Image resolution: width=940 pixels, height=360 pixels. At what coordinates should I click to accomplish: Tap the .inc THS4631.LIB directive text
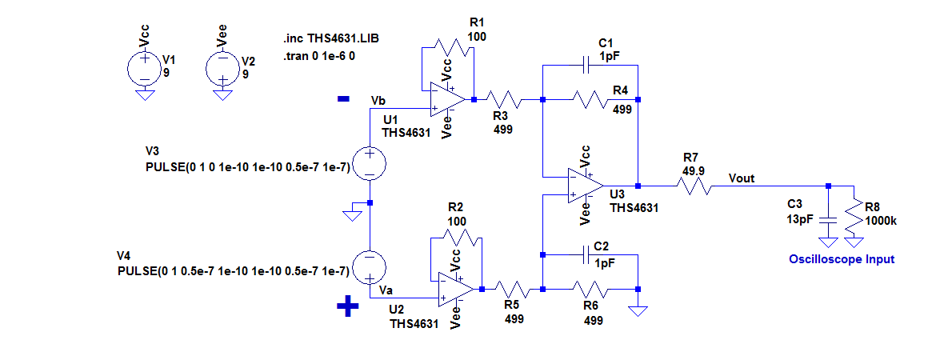331,39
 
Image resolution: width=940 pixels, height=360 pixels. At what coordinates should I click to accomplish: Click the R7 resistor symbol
694,185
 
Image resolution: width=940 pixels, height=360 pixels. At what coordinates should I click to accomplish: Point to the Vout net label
742,178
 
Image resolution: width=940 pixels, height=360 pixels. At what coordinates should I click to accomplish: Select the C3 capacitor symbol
828,219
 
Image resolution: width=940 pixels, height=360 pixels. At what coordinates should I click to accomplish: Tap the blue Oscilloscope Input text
842,259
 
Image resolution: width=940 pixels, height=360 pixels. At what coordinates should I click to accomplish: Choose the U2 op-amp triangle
456,290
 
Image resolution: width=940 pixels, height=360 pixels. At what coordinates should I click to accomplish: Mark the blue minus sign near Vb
343,100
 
